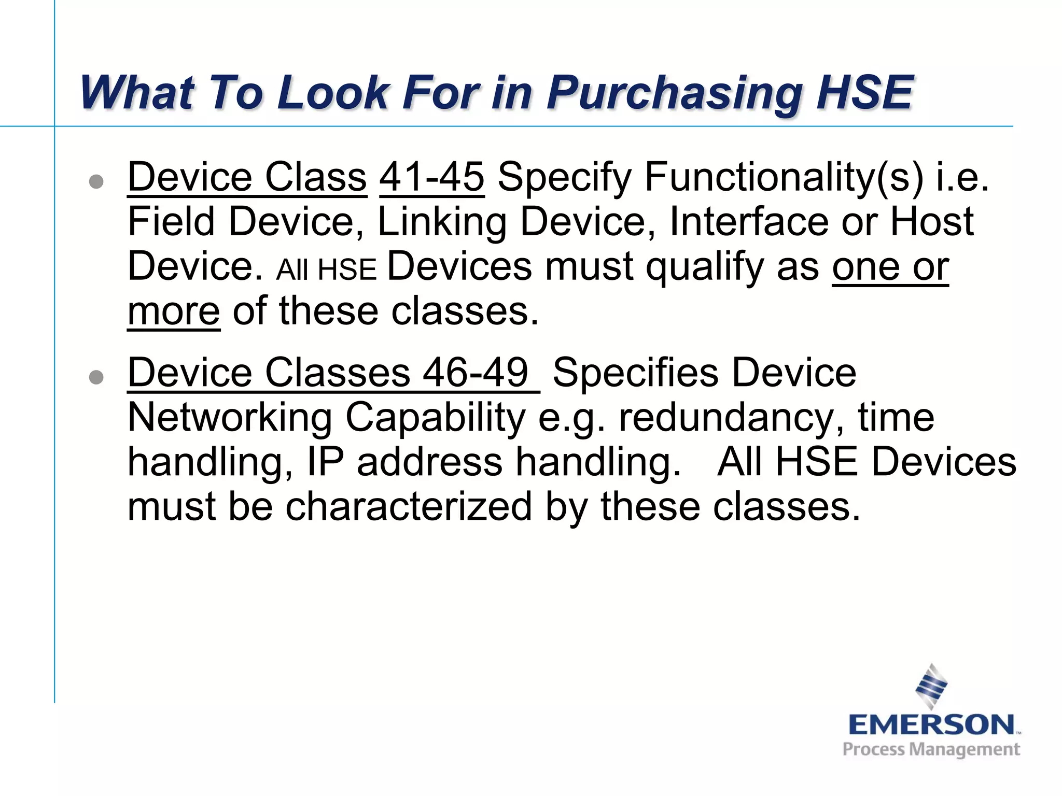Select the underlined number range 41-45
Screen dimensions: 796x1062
(432, 177)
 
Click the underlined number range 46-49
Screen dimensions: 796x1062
(475, 373)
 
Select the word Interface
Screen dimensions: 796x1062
(749, 222)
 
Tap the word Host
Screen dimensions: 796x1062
(931, 222)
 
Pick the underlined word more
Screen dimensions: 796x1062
(174, 311)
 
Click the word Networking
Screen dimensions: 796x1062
(230, 418)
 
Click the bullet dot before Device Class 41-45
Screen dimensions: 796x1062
(96, 181)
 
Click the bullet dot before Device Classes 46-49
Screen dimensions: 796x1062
(96, 377)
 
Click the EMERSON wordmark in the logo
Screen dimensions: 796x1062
(931, 724)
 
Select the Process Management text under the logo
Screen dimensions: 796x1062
(931, 749)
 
